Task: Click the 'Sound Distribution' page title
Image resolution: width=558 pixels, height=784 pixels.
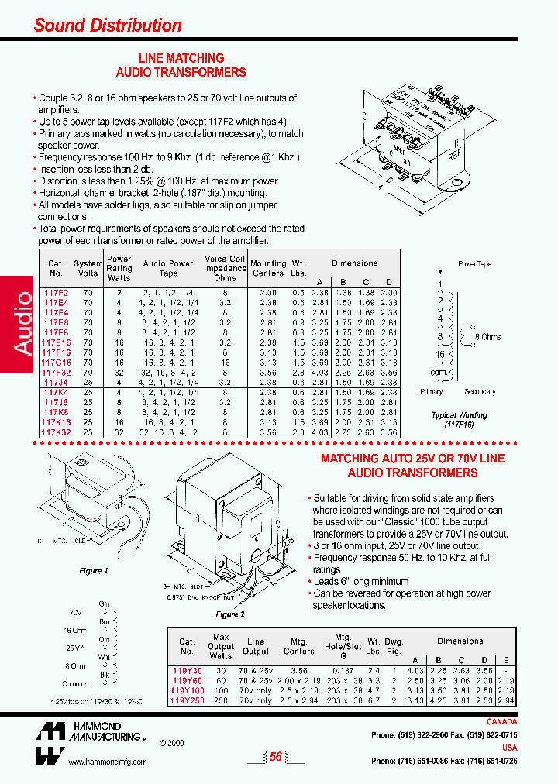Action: (108, 25)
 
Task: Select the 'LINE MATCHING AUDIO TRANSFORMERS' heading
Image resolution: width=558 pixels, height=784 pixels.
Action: (181, 65)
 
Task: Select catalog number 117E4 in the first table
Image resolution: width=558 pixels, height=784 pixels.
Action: (57, 302)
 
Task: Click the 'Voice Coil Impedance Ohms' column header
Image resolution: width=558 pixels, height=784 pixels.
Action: (225, 269)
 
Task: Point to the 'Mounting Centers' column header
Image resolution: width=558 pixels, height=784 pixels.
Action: (268, 268)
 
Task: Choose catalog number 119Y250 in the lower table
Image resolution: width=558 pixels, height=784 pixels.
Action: (186, 701)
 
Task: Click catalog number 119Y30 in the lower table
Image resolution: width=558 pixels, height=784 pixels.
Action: (185, 670)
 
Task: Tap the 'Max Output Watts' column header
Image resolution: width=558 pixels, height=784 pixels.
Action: (221, 646)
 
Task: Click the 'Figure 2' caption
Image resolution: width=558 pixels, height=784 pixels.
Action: (226, 614)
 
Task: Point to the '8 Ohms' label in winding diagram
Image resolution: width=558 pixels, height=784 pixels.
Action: (487, 337)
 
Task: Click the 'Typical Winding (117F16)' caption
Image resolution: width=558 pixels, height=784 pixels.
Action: (459, 420)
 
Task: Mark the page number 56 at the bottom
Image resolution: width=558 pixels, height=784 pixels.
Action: (275, 758)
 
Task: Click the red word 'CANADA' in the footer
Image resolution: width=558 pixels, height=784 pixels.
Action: (501, 722)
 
